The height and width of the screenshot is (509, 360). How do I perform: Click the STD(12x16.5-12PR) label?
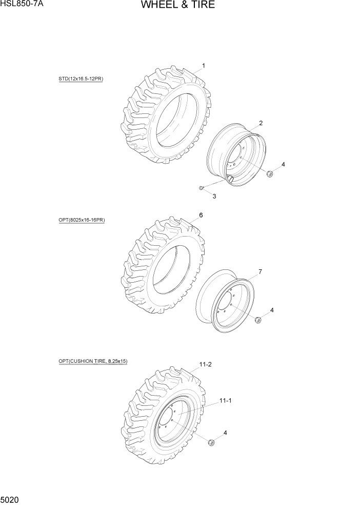[x=81, y=79]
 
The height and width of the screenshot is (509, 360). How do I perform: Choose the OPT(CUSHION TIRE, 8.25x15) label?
[x=93, y=361]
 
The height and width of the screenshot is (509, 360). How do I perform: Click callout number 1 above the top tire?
[x=204, y=66]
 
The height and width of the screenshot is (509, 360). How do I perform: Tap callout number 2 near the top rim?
[x=261, y=123]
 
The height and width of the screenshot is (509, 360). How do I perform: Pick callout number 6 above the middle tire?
[x=201, y=215]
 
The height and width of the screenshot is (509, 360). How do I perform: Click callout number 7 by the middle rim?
[x=260, y=271]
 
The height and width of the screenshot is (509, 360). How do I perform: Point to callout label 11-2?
[x=205, y=364]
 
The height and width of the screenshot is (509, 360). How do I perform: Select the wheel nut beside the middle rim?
[x=258, y=320]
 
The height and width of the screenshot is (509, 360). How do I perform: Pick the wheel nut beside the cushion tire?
[x=211, y=442]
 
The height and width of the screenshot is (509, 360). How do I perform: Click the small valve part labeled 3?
[x=202, y=187]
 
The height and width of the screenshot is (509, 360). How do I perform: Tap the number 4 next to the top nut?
[x=283, y=164]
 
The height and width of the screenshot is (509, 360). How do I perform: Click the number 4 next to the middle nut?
[x=272, y=310]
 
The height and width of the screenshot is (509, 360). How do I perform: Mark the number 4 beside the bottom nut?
[x=225, y=433]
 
